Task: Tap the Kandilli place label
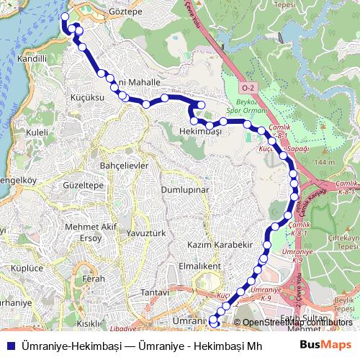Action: pyautogui.click(x=32, y=58)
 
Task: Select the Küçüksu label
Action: pyautogui.click(x=89, y=96)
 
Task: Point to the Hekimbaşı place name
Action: pyautogui.click(x=199, y=132)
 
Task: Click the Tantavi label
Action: pyautogui.click(x=154, y=293)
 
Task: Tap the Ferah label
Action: pyautogui.click(x=94, y=278)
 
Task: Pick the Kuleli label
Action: pyautogui.click(x=37, y=132)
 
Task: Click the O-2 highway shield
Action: pyautogui.click(x=248, y=88)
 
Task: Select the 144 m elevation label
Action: pyautogui.click(x=325, y=163)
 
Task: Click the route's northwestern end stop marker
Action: pyautogui.click(x=65, y=17)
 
